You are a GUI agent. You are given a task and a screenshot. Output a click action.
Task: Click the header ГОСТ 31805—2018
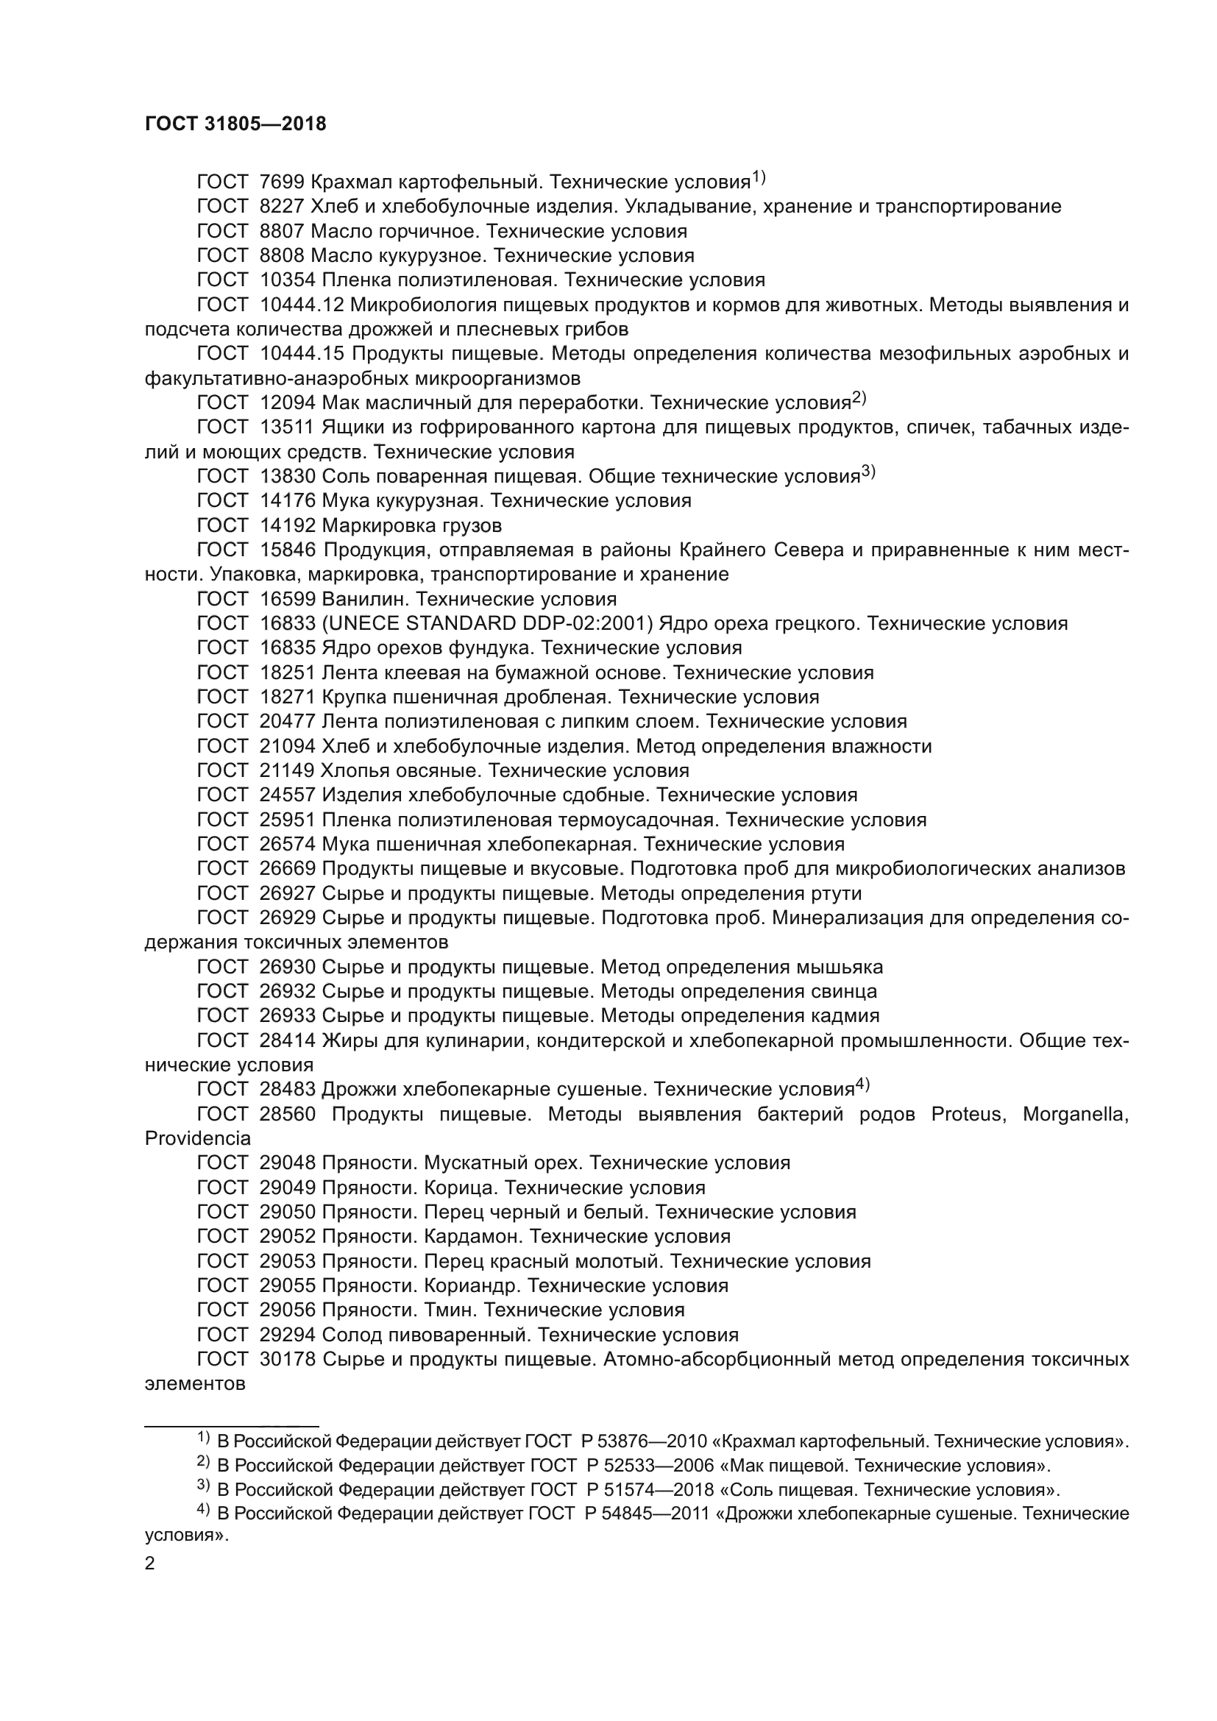tap(235, 124)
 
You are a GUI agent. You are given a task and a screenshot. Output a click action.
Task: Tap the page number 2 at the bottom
tap(150, 1564)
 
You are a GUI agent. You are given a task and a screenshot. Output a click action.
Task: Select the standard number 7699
tap(282, 182)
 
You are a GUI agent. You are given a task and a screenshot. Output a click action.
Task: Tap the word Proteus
tap(966, 1115)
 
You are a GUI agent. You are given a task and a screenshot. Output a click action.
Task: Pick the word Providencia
tap(198, 1138)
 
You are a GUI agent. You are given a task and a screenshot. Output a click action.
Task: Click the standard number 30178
tap(288, 1359)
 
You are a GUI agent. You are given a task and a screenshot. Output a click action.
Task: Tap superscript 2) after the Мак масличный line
tap(859, 398)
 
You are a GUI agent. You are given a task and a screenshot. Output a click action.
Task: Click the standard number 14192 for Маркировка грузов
tap(288, 525)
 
